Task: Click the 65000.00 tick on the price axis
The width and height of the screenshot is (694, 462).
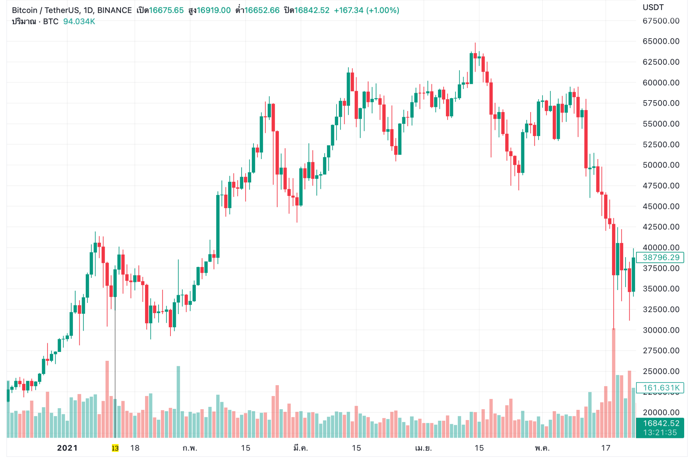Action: point(660,41)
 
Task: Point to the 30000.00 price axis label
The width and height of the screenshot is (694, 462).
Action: point(660,330)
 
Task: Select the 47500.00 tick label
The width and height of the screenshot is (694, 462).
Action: point(660,185)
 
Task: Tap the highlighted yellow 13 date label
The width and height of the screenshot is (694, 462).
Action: point(115,448)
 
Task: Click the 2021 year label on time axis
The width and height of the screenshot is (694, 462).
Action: point(67,448)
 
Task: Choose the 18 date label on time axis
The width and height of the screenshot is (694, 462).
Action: point(135,448)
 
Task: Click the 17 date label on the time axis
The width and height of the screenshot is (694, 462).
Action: point(606,448)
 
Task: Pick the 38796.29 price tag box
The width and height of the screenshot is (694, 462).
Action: point(660,258)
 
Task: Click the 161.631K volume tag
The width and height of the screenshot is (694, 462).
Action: point(660,388)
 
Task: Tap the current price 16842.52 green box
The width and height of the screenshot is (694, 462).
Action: point(660,423)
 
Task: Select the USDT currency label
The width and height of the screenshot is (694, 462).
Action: point(653,7)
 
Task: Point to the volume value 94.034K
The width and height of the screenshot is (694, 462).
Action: point(79,22)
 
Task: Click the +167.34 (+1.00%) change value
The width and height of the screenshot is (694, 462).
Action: point(366,10)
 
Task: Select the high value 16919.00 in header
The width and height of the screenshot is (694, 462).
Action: point(213,10)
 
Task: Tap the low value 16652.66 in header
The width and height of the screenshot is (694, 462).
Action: point(262,10)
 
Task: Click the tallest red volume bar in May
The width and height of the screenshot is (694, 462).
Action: point(613,382)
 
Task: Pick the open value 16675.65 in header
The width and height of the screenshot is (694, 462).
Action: point(166,10)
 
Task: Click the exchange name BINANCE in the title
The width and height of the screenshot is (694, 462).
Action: point(114,10)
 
